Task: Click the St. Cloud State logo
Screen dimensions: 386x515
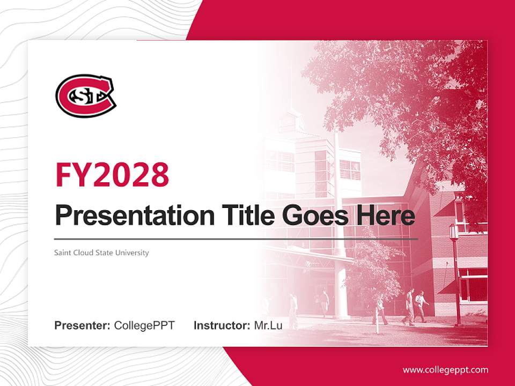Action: click(86, 96)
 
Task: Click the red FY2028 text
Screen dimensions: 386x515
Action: click(112, 174)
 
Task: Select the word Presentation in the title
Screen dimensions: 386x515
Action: click(127, 216)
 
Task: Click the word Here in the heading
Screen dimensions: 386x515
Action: click(385, 216)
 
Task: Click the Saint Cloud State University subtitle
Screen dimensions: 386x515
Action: click(101, 253)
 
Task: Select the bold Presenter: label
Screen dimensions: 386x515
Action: click(83, 325)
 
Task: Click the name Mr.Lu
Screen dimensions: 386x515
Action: click(268, 325)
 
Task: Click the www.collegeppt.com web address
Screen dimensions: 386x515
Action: click(445, 369)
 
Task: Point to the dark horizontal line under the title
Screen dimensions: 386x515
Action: click(236, 239)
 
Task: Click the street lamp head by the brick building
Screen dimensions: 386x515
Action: click(453, 232)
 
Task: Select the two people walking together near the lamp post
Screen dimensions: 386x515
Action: click(415, 307)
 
